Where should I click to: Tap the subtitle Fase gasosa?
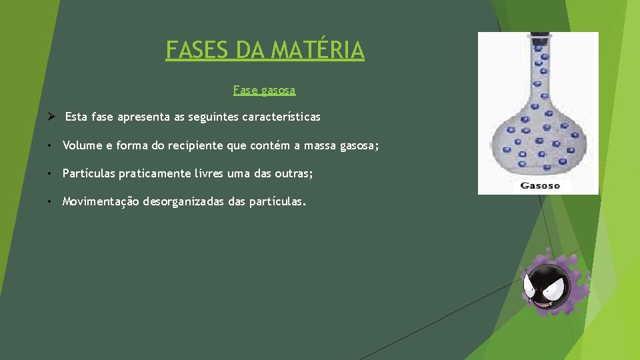point(264,89)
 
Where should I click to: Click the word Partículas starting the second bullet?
point(88,173)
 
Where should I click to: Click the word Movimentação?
point(101,201)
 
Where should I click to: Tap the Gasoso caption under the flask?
point(539,185)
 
